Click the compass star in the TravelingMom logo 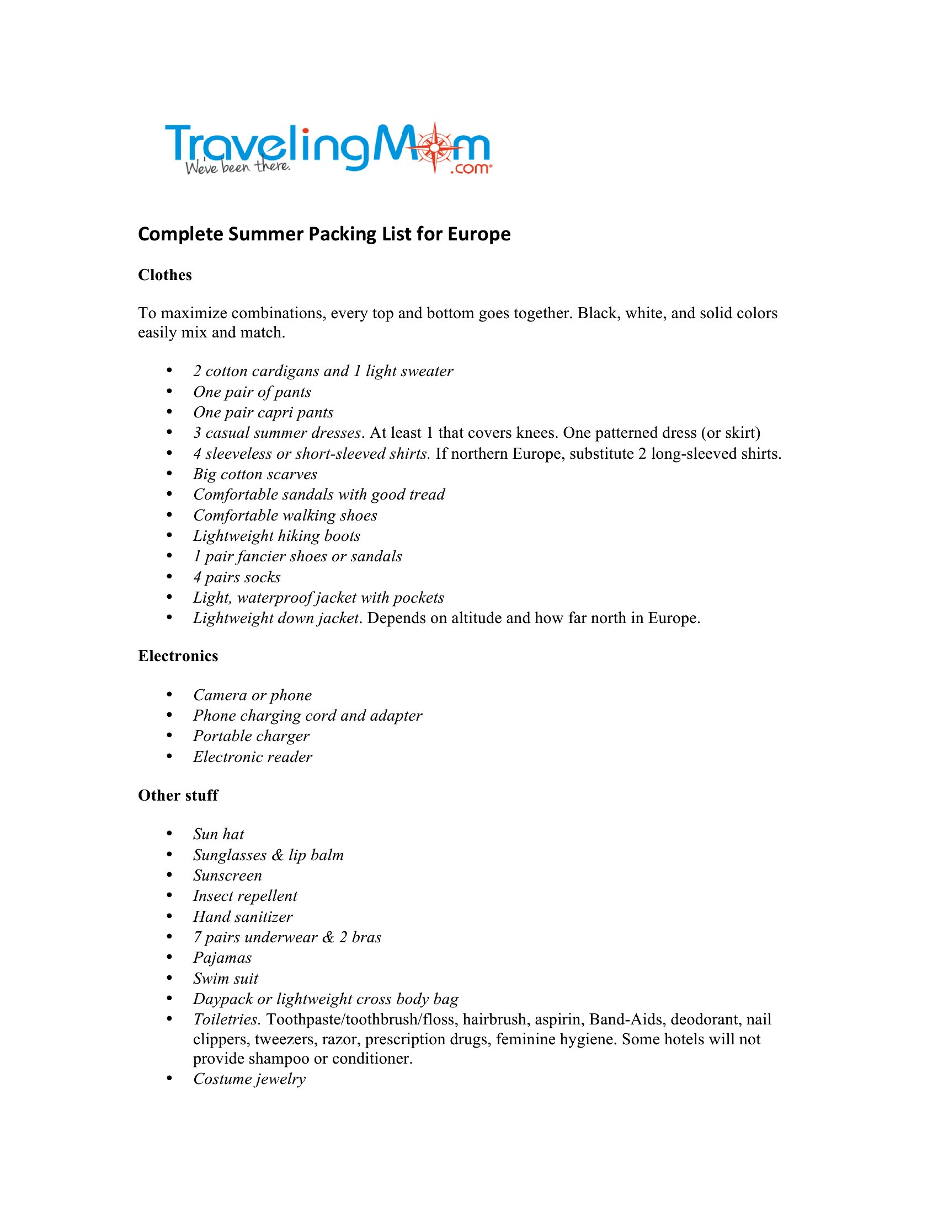435,147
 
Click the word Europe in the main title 479,234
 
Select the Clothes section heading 165,276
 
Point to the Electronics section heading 178,657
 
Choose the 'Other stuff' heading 178,795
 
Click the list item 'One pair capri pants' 263,412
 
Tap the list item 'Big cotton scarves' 255,474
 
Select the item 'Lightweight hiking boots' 277,536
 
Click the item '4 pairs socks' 237,578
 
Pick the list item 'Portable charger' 251,737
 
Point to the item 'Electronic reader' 253,757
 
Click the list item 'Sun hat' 219,834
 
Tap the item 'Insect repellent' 245,896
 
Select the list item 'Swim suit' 226,979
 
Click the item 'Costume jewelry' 249,1079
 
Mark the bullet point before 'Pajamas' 169,958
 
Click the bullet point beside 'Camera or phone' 169,695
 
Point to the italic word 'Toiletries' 226,1019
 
